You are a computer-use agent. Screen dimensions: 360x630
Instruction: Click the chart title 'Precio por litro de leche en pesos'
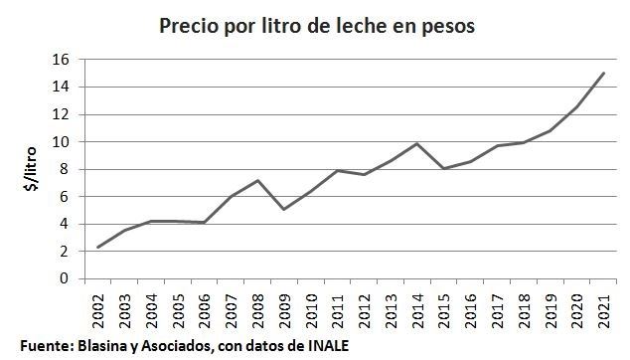(317, 25)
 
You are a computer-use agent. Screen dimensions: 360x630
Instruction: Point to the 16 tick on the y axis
(62, 60)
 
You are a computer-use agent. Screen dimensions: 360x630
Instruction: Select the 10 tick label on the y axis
(62, 142)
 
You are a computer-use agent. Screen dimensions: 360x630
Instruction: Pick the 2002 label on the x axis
(97, 306)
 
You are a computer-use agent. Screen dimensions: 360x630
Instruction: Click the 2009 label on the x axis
(285, 306)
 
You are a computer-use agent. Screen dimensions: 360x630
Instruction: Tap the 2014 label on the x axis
(419, 306)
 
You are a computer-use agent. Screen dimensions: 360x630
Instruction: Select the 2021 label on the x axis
(602, 306)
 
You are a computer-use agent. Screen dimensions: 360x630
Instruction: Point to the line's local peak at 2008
(257, 180)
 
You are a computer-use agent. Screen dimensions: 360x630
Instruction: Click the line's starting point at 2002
(96, 248)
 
